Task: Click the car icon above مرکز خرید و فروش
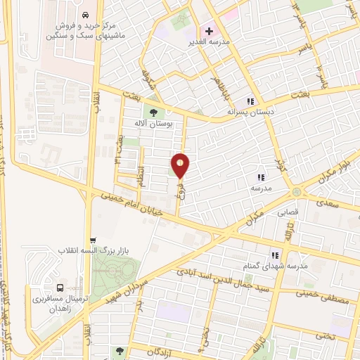coord(84,15)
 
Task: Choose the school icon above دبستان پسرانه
coord(250,101)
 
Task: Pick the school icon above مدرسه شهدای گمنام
coord(276,255)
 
